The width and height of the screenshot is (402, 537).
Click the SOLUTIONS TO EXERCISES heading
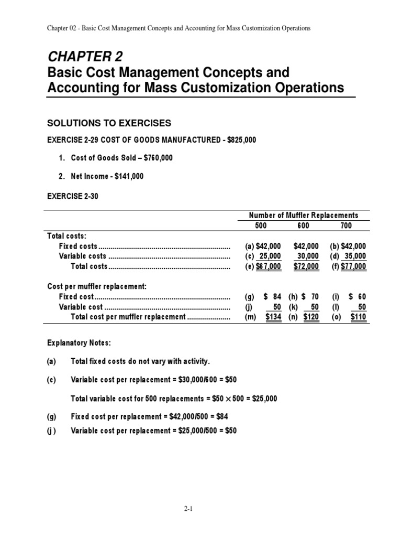(x=109, y=123)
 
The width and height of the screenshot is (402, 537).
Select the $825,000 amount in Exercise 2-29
(x=240, y=140)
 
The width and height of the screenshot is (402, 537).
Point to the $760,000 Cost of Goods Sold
(x=157, y=158)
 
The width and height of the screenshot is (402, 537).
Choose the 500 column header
(x=260, y=225)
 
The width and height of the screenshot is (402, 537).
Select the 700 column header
(x=345, y=225)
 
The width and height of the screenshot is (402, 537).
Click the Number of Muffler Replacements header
(x=303, y=215)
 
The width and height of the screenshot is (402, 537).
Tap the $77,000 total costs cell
(x=353, y=266)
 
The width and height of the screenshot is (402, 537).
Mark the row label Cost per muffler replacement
(x=97, y=286)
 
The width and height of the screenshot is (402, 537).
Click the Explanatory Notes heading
(x=79, y=342)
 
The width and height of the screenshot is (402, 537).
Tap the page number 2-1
(x=201, y=509)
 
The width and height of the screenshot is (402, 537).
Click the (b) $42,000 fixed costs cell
(x=348, y=245)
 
